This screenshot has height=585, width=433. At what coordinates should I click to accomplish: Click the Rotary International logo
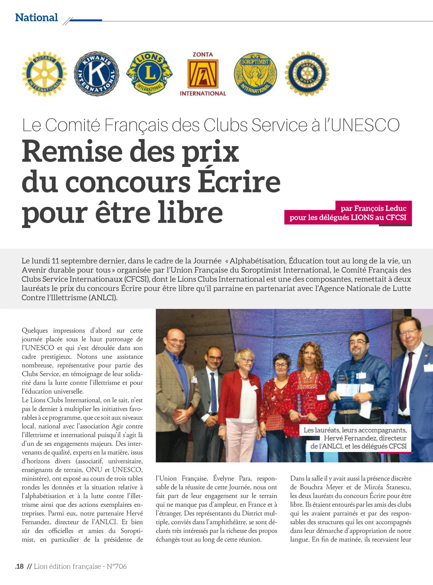44,74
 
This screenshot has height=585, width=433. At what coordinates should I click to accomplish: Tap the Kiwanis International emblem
96,74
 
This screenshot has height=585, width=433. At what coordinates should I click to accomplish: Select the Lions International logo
149,73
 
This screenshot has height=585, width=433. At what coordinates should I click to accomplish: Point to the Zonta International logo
203,74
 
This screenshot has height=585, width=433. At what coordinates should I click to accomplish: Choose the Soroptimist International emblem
255,74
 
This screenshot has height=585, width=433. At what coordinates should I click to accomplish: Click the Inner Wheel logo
307,74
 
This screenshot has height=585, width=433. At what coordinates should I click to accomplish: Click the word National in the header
36,17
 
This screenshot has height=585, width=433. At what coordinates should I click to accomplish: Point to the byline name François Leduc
373,208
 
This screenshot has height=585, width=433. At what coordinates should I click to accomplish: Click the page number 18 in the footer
20,566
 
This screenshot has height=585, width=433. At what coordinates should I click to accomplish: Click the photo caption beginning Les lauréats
355,438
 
